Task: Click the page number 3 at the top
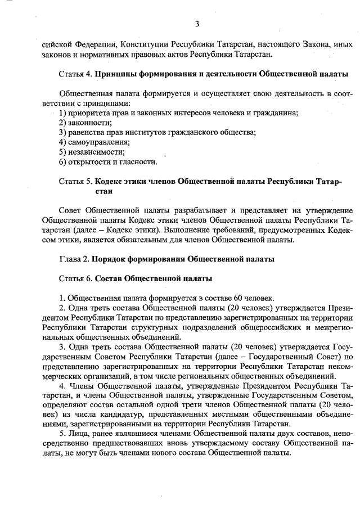pos(197,24)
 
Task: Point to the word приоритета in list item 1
pos(88,112)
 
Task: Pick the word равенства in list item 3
pos(86,132)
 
